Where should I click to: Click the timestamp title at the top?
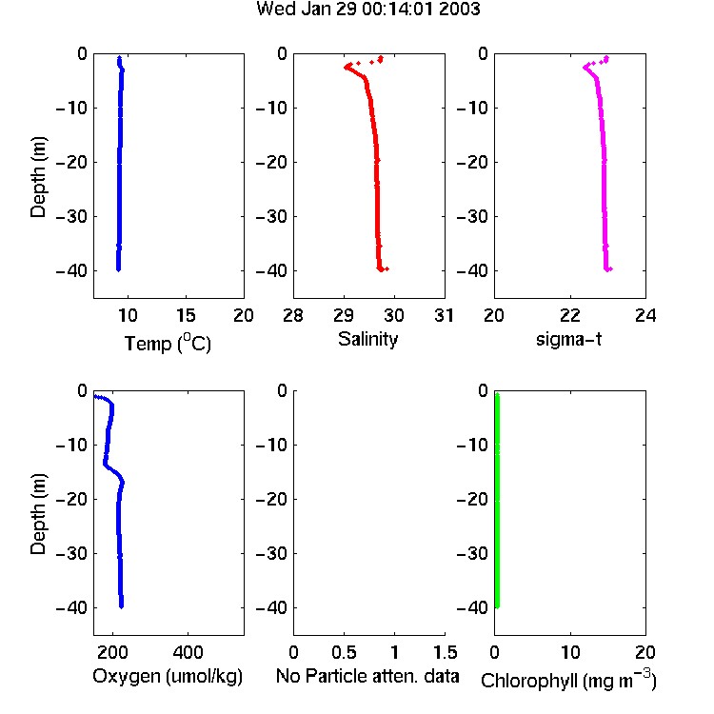pos(367,9)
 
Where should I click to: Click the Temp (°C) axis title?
pos(168,343)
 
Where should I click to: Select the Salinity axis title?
pos(367,339)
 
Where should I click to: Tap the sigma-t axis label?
pos(568,339)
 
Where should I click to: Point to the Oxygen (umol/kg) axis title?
pos(168,676)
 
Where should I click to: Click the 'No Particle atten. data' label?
pos(367,676)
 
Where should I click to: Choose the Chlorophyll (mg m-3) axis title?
pos(568,680)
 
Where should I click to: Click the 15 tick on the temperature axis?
pos(186,315)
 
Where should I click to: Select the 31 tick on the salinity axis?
pos(445,315)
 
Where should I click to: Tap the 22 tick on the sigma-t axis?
pos(570,315)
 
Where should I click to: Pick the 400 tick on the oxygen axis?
pos(188,652)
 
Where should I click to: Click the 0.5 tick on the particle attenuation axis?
pos(344,652)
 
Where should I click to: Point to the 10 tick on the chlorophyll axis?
pos(570,652)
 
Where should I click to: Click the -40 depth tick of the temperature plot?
pos(71,271)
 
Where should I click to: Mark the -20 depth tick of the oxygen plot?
pos(71,500)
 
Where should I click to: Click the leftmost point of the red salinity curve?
pos(346,68)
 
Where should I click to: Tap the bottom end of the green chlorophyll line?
pos(497,606)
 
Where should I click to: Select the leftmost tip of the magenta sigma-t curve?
pos(585,68)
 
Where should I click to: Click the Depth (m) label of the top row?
pos(38,177)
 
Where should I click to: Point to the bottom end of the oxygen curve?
pos(121,606)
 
